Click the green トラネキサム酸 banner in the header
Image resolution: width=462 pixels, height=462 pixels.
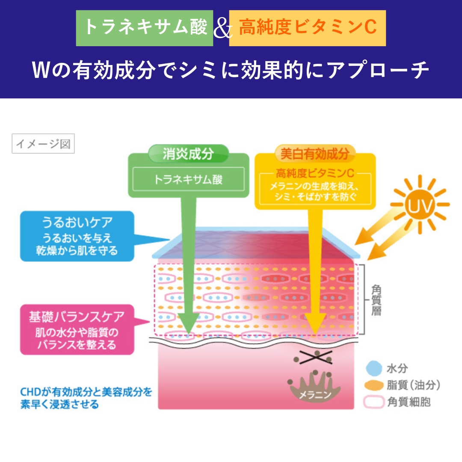145,28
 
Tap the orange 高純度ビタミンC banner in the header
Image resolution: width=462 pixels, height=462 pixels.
307,28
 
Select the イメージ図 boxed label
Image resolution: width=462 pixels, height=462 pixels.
43,143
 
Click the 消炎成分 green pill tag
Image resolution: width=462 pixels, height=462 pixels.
188,154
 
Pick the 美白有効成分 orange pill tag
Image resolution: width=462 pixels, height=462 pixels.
315,154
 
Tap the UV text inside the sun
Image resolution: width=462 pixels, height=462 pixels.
420,205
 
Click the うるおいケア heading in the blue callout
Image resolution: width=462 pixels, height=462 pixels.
77,222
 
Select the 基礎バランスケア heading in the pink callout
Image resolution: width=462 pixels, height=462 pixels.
77,317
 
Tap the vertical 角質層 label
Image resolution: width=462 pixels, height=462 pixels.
376,300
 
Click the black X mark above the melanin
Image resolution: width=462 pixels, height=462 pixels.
316,357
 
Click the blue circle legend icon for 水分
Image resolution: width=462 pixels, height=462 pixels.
374,368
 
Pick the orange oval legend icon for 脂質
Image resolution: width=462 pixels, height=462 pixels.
374,385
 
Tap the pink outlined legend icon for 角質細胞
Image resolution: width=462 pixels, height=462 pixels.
374,402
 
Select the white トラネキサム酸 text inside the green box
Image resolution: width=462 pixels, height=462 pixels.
188,179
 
